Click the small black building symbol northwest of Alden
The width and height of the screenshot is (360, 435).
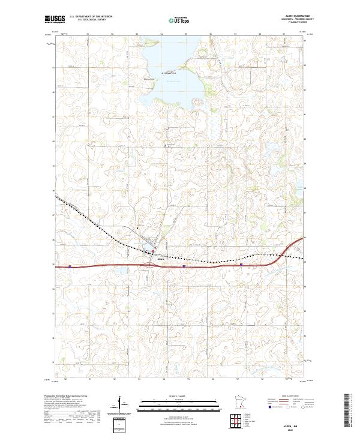tap(138, 228)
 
